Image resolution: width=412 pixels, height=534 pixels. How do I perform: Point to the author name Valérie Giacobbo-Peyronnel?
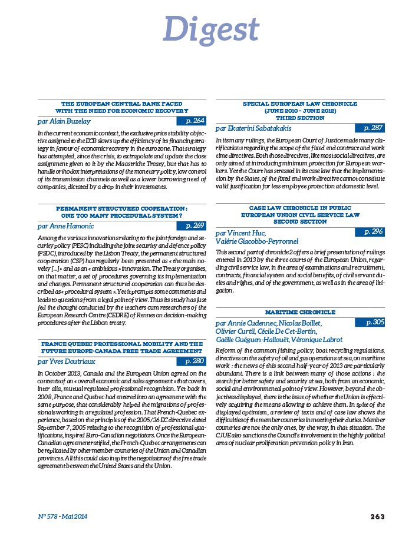(257, 241)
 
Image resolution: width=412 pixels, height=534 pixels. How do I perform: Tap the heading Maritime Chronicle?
(299, 311)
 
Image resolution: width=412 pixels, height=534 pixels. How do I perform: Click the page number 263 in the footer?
(378, 516)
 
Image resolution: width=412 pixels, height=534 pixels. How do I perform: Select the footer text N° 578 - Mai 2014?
(59, 516)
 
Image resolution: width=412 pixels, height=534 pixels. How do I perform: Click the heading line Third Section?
(300, 118)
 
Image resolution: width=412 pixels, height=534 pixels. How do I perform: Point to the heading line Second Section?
(300, 222)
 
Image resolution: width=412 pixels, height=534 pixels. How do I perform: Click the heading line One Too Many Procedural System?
(122, 215)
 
